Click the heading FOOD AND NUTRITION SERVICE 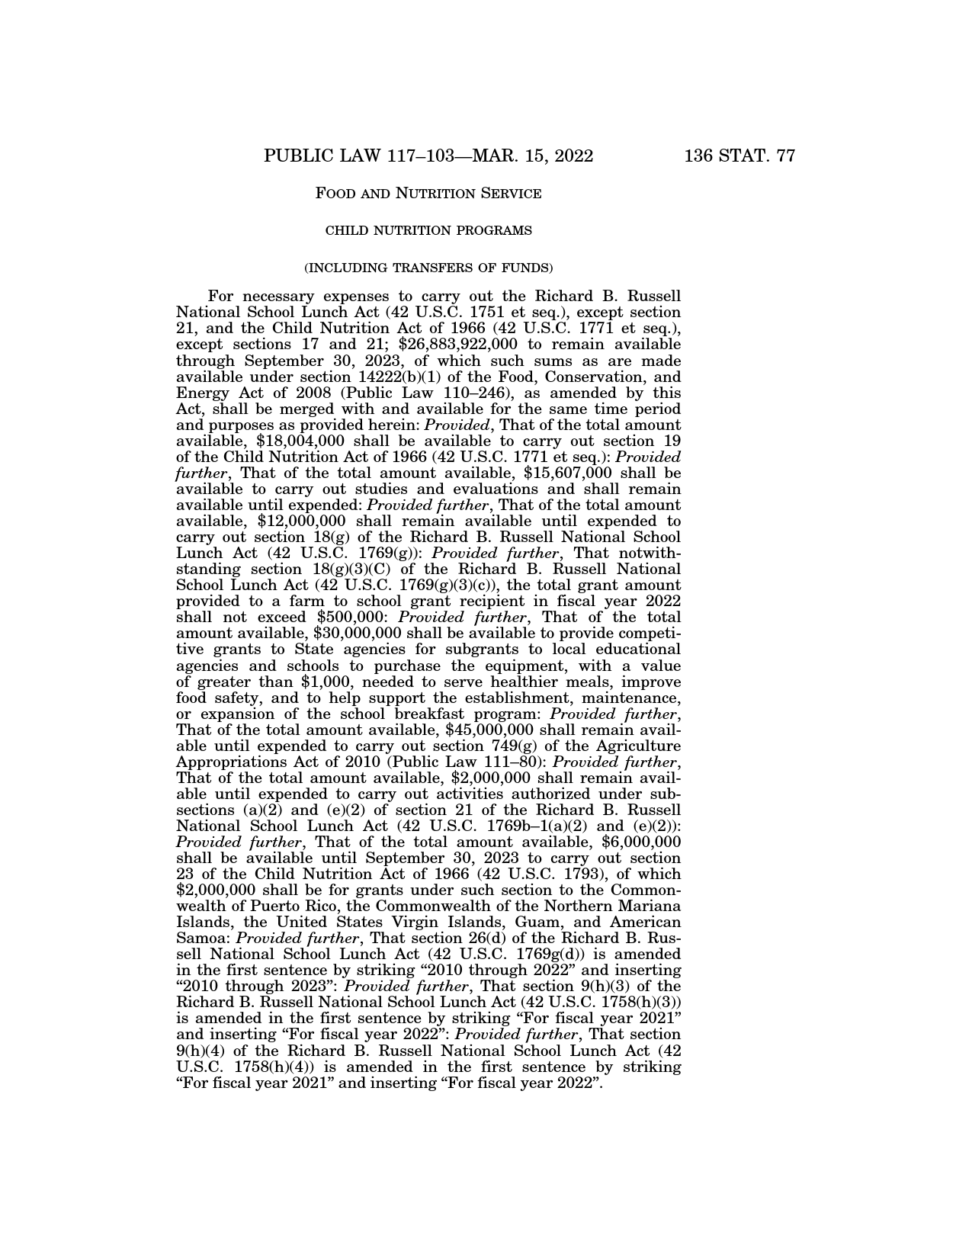click(x=428, y=194)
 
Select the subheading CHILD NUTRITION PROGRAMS click(x=428, y=230)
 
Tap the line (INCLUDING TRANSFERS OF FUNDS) click(x=428, y=268)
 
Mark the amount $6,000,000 click(x=641, y=842)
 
